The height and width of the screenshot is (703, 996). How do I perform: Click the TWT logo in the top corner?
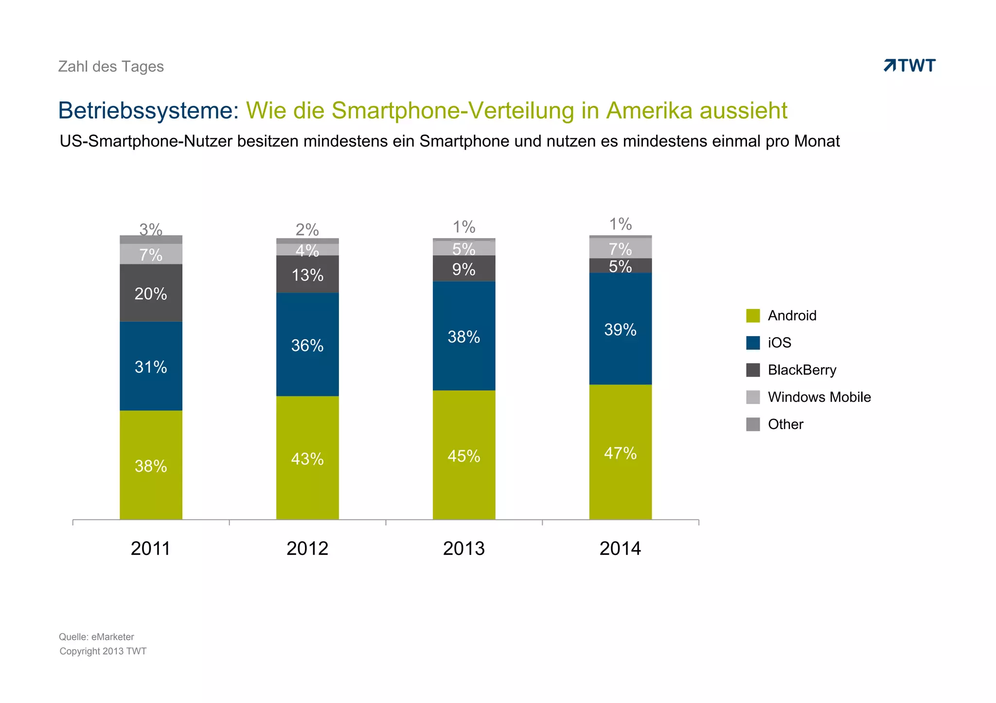909,66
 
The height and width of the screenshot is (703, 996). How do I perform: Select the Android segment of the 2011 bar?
151,465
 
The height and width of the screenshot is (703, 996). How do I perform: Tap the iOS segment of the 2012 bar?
307,344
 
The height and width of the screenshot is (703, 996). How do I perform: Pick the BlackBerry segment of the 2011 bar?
151,293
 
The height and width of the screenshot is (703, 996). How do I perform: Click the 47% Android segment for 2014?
620,452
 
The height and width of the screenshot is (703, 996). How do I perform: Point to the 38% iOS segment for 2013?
463,336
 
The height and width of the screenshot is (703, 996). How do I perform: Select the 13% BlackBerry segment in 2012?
307,274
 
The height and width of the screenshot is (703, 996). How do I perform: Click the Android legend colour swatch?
753,316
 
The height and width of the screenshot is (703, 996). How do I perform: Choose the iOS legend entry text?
779,343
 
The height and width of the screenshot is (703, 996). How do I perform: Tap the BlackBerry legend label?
802,370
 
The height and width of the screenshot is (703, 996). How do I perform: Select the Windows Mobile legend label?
819,397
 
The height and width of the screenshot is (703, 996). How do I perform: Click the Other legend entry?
785,425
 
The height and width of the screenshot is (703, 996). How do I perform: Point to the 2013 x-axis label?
463,549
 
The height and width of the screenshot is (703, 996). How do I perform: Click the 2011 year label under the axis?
151,549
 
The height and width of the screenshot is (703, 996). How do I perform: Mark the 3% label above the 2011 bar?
151,229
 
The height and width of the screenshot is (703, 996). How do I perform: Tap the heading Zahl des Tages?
111,67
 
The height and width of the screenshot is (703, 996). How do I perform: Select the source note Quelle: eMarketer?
96,637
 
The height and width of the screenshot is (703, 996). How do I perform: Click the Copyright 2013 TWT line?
103,652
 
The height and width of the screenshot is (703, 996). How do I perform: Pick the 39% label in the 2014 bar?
620,330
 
